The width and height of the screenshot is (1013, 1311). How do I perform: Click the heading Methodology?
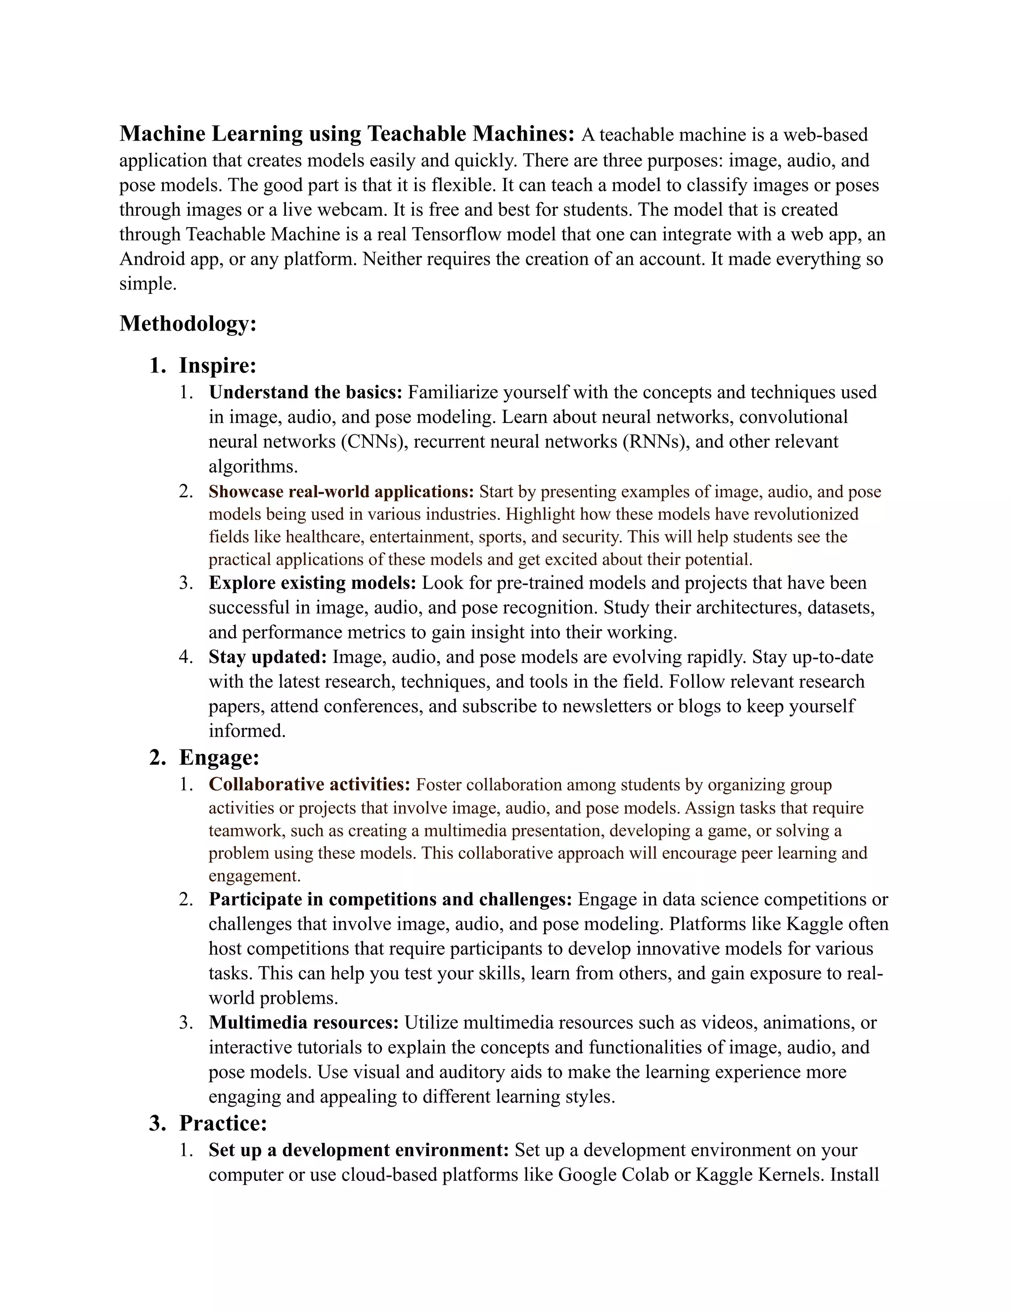point(188,324)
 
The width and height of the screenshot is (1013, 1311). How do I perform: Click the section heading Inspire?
point(217,365)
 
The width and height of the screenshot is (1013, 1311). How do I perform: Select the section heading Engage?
point(219,757)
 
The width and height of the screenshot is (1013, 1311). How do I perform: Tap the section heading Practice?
point(223,1123)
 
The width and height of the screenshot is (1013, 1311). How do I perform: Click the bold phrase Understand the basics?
point(305,392)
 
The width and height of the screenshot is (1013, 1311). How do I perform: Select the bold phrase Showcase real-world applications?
point(341,492)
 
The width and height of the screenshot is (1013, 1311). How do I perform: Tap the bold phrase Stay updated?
point(268,656)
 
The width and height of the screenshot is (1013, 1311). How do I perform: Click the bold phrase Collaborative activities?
point(309,784)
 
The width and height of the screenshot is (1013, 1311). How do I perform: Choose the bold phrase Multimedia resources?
point(304,1022)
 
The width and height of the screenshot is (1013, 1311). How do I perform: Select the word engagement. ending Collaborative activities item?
point(254,876)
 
